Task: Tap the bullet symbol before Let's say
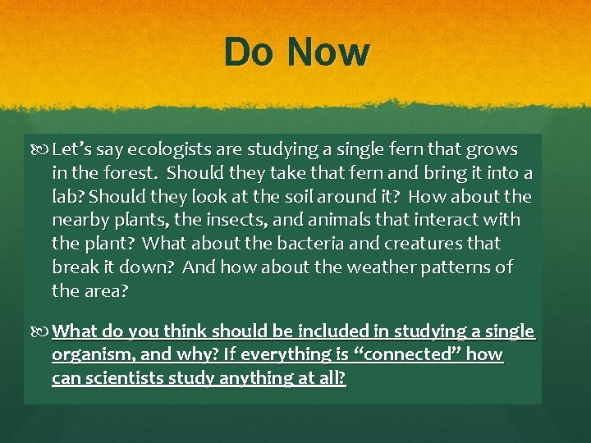42,149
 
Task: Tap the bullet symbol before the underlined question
42,331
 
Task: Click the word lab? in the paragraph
69,197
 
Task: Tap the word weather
373,267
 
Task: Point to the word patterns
451,267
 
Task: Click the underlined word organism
85,355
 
